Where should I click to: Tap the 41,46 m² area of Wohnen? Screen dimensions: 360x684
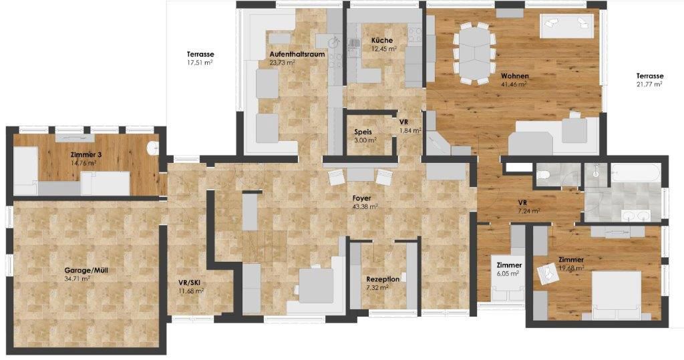(x=514, y=85)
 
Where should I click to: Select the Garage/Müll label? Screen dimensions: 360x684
(x=77, y=270)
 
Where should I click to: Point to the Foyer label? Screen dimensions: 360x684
(x=363, y=198)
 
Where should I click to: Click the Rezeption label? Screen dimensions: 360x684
(x=383, y=279)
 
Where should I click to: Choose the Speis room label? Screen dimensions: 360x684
(x=363, y=132)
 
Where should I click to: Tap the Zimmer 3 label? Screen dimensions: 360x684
(x=83, y=154)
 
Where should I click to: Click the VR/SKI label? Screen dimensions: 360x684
(x=189, y=283)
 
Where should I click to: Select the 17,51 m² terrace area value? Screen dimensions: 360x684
(x=200, y=63)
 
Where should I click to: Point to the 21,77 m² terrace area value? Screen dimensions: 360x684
(x=649, y=85)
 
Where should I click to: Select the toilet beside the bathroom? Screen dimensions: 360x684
(x=544, y=176)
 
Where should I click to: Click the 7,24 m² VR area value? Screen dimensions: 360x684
(x=528, y=211)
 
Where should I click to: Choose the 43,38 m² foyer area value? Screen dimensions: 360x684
(x=365, y=207)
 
